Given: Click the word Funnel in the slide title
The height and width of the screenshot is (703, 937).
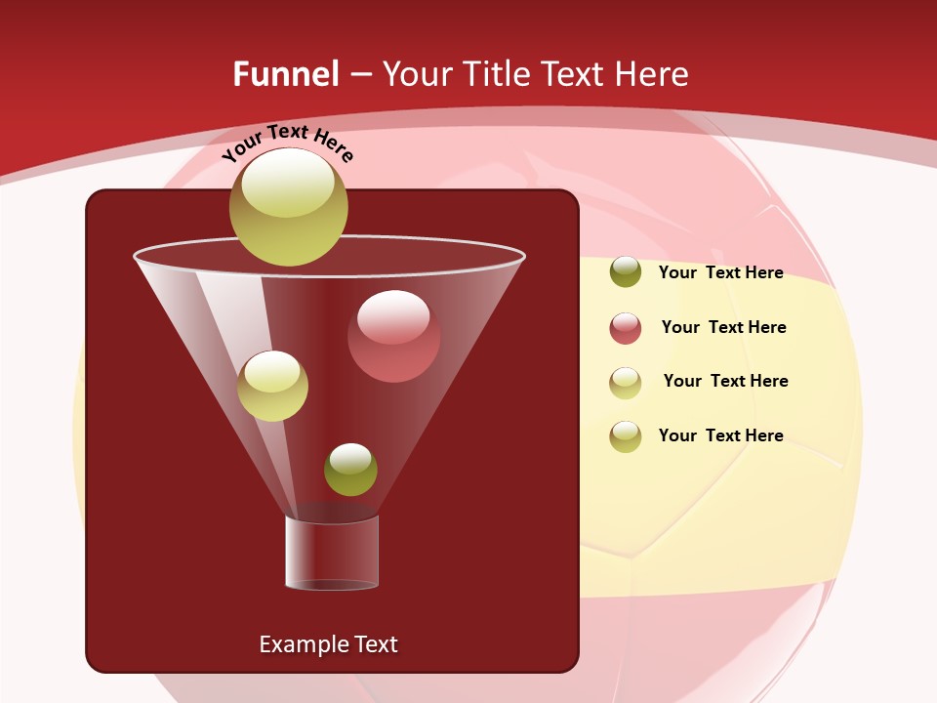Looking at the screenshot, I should click(285, 74).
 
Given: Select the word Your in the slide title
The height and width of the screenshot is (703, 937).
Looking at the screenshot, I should click(418, 74).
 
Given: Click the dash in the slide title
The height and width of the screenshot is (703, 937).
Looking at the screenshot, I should click(360, 75).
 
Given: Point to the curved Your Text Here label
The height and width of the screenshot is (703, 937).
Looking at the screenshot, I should click(287, 143).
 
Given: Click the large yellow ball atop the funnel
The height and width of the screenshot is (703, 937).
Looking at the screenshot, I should click(288, 207).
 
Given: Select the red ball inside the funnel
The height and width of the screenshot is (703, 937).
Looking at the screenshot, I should click(393, 336).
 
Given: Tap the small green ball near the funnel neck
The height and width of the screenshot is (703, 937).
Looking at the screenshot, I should click(350, 470).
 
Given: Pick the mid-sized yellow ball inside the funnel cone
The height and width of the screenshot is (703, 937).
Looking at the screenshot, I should click(272, 386).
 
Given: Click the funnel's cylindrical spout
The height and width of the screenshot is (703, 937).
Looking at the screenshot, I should click(332, 553).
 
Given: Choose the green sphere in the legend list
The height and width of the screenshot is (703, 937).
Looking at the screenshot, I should click(625, 271).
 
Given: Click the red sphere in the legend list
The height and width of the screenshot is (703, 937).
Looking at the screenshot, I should click(625, 328).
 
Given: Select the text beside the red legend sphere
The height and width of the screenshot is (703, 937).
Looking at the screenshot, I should click(723, 327).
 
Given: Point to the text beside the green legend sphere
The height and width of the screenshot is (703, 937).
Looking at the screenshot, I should click(720, 272).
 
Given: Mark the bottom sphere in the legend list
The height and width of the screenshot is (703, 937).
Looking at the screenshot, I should click(625, 436).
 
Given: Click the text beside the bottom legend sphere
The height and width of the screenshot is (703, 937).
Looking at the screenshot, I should click(720, 435).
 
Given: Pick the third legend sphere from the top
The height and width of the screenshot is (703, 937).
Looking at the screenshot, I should click(625, 383).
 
